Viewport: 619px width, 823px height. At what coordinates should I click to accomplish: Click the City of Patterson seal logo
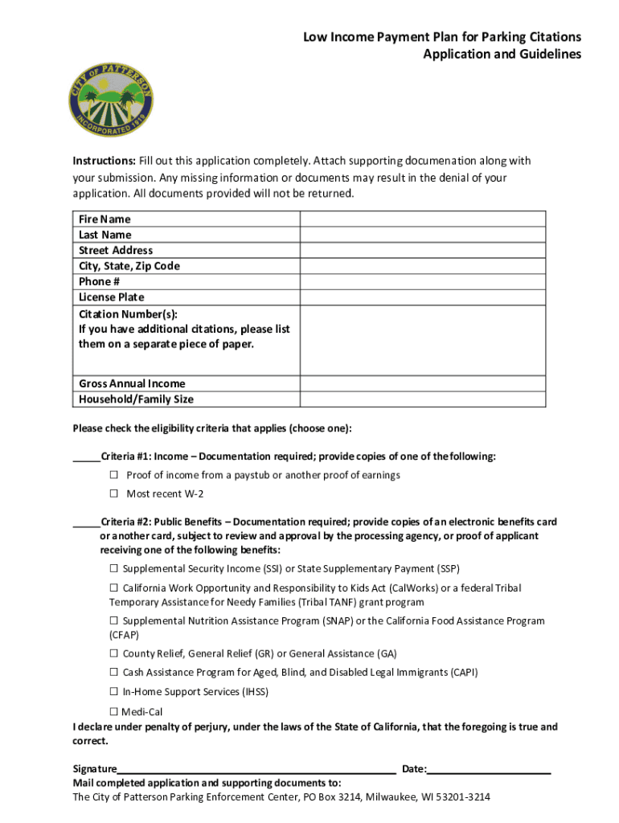point(110,99)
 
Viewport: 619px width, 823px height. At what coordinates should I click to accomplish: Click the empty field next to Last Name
point(422,235)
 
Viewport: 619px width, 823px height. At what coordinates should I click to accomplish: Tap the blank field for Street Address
point(422,250)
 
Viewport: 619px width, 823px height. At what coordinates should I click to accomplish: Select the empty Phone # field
point(422,281)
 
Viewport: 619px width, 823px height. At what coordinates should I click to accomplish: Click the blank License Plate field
point(422,297)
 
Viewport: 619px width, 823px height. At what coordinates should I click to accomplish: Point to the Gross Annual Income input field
point(422,383)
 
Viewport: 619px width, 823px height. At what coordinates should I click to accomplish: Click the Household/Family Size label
point(136,399)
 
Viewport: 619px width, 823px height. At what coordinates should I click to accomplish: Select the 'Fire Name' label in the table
point(105,219)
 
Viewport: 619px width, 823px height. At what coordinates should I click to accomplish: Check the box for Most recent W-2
point(114,493)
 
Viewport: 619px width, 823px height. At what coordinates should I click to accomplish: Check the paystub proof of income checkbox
point(114,475)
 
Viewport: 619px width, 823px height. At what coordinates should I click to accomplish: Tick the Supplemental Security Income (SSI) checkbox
point(114,569)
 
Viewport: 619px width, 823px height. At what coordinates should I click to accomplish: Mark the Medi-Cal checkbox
point(114,711)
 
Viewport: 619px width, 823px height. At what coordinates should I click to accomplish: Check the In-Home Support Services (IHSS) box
point(114,692)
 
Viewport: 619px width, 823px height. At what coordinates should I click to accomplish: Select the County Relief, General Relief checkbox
point(114,654)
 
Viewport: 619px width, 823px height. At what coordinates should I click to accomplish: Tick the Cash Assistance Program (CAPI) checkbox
point(114,673)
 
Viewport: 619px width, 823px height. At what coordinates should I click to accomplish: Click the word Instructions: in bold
point(104,161)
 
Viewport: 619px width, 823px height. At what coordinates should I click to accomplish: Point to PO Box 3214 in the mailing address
point(337,798)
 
